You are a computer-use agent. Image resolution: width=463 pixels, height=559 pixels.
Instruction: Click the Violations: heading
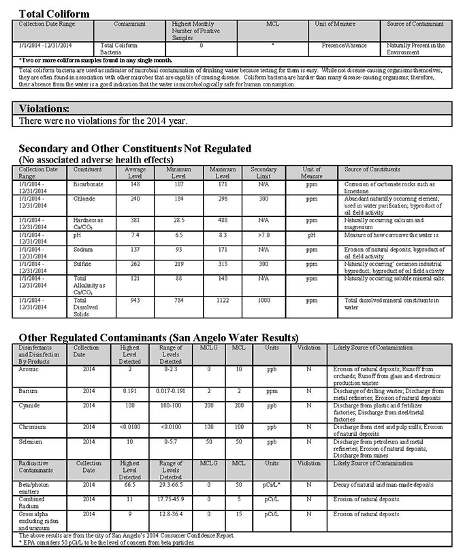(x=44, y=109)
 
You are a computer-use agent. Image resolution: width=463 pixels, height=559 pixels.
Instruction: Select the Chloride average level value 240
(x=135, y=199)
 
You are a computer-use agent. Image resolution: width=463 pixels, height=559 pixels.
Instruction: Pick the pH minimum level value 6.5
(x=178, y=235)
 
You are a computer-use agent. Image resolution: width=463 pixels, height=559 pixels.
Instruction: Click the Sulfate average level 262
(x=135, y=264)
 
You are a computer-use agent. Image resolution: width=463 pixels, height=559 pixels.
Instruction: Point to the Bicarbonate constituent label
(x=88, y=184)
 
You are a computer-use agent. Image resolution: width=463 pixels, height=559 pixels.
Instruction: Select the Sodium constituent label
(x=83, y=250)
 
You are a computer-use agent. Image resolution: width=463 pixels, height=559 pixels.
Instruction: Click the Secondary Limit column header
(x=264, y=173)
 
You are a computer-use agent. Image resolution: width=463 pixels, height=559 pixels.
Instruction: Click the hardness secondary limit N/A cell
(x=264, y=220)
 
